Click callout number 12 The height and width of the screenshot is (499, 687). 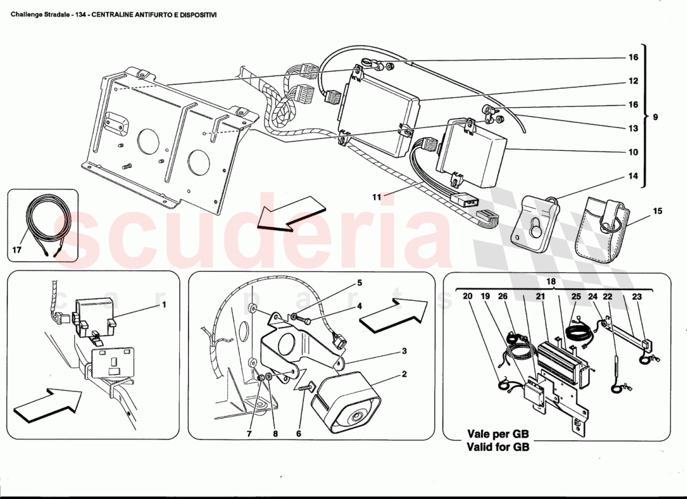pyautogui.click(x=633, y=81)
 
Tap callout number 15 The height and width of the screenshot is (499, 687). pyautogui.click(x=657, y=211)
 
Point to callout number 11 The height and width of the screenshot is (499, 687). pyautogui.click(x=377, y=197)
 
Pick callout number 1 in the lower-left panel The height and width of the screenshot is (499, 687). pyautogui.click(x=164, y=306)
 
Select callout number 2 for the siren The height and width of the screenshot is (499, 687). pyautogui.click(x=404, y=374)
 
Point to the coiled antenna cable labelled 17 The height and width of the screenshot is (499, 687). pyautogui.click(x=42, y=228)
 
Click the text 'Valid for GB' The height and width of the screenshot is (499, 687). pyautogui.click(x=498, y=447)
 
